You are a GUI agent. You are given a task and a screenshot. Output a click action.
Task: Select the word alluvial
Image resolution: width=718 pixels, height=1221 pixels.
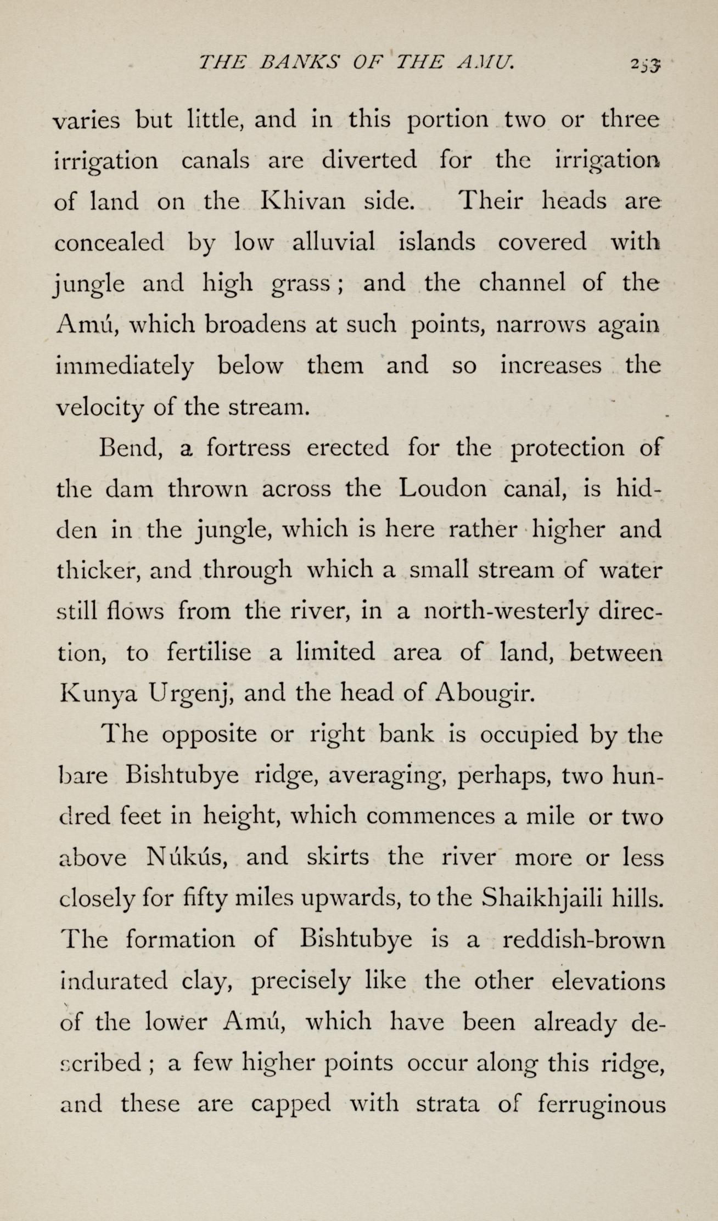point(334,242)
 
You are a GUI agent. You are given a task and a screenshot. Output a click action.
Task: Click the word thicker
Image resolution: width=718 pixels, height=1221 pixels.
point(97,571)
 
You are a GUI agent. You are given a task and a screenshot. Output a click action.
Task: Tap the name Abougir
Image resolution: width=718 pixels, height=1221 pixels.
point(484,694)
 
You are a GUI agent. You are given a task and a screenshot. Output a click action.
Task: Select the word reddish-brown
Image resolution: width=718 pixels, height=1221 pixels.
point(584,939)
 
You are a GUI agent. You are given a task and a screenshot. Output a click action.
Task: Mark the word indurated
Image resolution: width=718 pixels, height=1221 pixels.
point(114,980)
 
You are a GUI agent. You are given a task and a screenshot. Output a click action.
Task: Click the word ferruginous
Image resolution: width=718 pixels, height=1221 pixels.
point(602,1103)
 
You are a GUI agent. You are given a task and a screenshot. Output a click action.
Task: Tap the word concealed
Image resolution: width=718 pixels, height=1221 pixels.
point(110,242)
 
